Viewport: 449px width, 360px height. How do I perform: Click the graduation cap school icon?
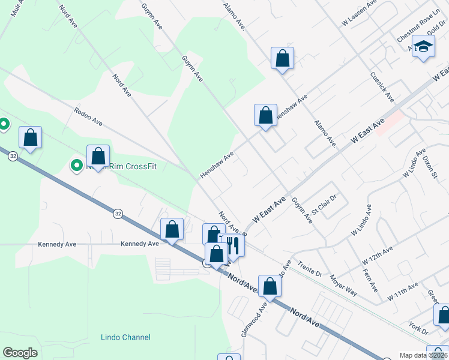pyautogui.click(x=423, y=47)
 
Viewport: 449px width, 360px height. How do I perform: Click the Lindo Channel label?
pyautogui.click(x=126, y=337)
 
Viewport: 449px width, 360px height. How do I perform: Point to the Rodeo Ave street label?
pyautogui.click(x=88, y=116)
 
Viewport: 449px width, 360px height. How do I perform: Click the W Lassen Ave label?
pyautogui.click(x=358, y=14)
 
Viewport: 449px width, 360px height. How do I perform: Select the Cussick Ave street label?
pyautogui.click(x=382, y=88)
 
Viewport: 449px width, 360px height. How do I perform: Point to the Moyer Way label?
pyautogui.click(x=343, y=286)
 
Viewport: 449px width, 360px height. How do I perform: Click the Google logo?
pyautogui.click(x=20, y=353)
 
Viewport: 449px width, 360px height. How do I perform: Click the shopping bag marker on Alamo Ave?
pyautogui.click(x=282, y=59)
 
